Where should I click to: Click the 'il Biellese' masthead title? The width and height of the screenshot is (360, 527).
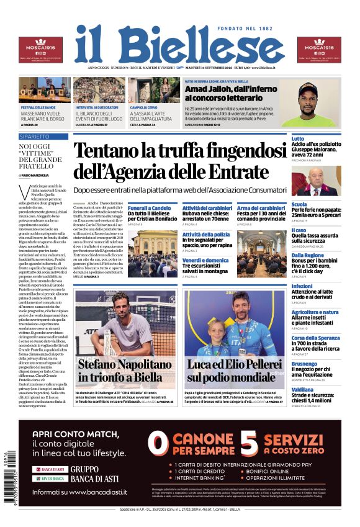[x=179, y=45]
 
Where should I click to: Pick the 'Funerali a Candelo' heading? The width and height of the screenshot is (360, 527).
[x=150, y=208]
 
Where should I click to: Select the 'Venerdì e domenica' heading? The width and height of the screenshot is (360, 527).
[x=205, y=260]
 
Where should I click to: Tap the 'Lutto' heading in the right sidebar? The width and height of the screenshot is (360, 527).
[x=298, y=138]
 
